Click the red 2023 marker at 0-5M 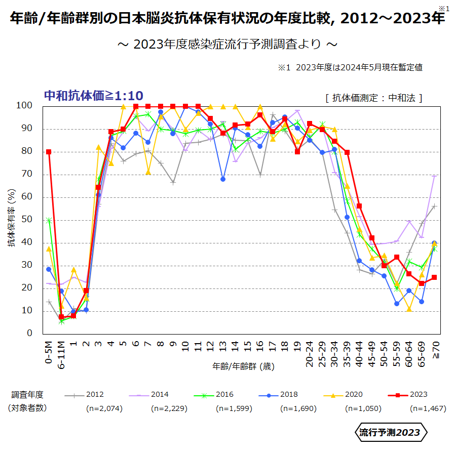tap(49, 152)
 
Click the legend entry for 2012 tap(86, 395)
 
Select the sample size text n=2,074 tap(104, 408)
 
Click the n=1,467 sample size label tap(428, 408)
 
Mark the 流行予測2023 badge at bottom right tap(390, 432)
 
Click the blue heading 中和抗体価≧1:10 tap(94, 96)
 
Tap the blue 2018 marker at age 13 tap(223, 179)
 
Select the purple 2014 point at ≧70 tap(434, 176)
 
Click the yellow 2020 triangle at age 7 tap(148, 172)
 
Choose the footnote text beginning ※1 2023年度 tap(350, 67)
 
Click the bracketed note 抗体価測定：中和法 tap(374, 98)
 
